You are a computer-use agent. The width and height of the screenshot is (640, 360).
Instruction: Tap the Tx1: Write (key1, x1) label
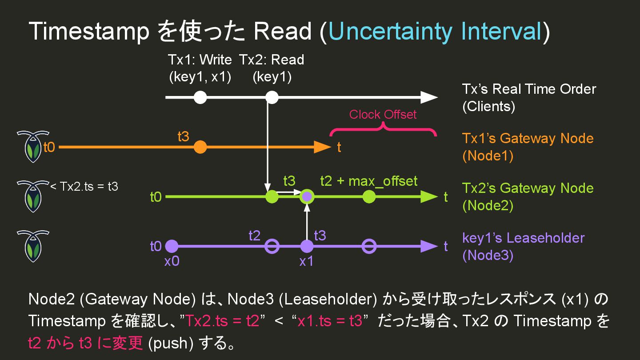point(200,68)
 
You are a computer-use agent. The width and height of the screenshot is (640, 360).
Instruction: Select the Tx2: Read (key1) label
point(272,68)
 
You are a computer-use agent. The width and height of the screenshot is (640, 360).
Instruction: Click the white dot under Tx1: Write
point(200,97)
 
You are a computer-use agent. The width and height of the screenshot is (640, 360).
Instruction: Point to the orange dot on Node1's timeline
point(200,147)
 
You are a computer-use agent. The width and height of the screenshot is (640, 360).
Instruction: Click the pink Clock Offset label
point(383,115)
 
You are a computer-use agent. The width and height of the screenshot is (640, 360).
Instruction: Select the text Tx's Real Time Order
point(529,89)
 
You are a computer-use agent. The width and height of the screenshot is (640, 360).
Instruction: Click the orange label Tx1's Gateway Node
point(528,138)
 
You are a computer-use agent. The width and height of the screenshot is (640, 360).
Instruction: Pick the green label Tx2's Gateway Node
point(528,188)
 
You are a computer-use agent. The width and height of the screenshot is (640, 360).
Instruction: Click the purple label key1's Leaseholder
point(523,238)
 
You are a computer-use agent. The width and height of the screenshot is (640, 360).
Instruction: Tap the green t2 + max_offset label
point(369,181)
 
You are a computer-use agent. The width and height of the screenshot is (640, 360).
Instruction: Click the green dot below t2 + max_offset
point(369,196)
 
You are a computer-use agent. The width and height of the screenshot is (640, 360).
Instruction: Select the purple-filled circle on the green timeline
point(307,196)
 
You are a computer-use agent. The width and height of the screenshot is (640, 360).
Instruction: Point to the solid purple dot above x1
point(307,246)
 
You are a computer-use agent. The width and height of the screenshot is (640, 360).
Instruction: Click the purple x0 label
point(172,261)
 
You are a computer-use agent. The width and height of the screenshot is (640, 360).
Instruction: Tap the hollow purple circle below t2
point(272,246)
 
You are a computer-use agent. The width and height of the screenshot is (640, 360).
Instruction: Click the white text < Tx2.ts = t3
point(84,186)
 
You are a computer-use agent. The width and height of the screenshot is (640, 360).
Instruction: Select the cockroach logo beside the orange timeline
point(33,146)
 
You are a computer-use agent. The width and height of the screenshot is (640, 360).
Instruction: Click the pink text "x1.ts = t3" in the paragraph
point(330,321)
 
